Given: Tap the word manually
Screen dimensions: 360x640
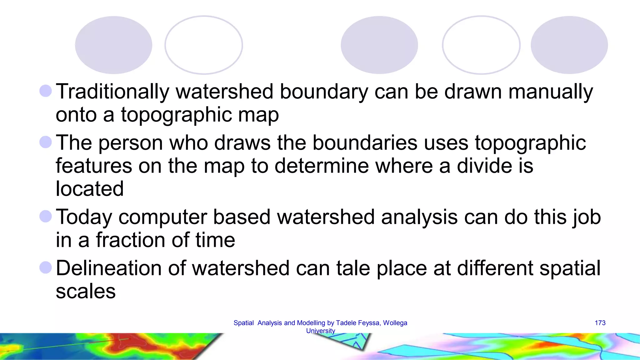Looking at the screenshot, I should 550,92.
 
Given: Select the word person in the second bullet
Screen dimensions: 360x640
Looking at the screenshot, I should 131,143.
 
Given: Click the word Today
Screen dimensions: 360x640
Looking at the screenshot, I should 84,217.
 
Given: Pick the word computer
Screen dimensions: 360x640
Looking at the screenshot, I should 162,217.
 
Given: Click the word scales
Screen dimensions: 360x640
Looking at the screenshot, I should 86,291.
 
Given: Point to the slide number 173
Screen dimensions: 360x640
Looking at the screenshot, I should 600,323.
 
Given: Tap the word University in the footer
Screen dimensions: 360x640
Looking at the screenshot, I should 320,331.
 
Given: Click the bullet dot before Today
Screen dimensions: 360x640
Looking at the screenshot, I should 46,216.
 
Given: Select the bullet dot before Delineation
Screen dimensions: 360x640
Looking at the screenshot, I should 46,267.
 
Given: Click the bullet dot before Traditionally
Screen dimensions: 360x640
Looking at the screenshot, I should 46,91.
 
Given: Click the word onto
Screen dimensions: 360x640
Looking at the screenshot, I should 76,115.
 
